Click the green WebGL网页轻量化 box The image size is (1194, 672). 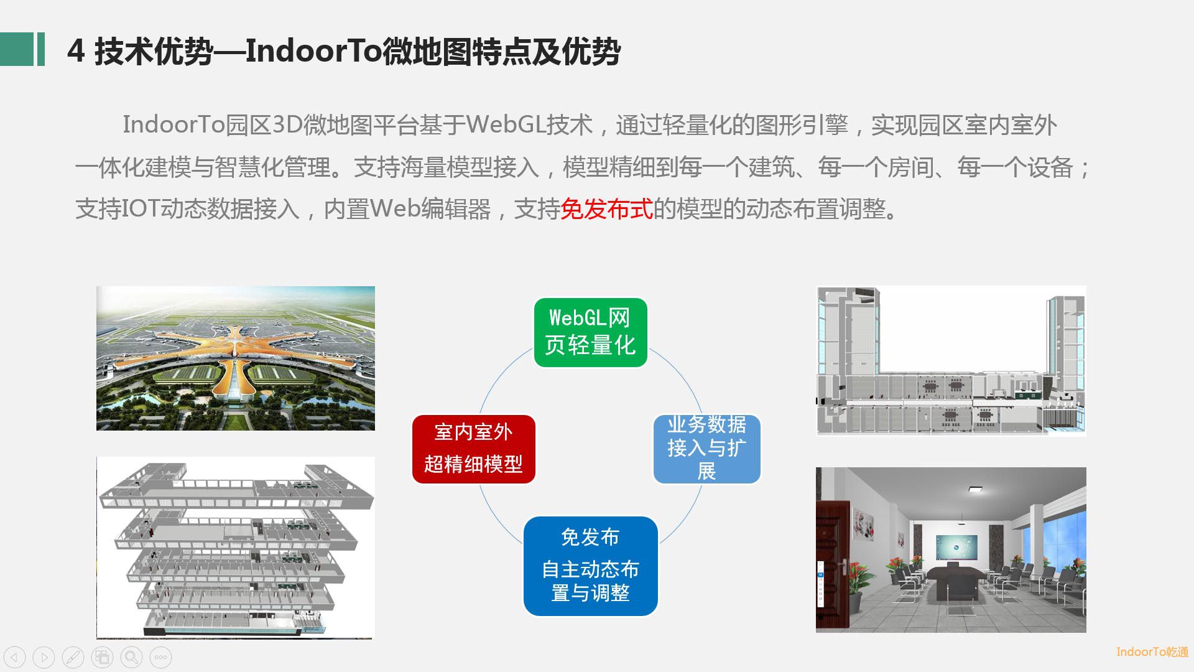(x=590, y=332)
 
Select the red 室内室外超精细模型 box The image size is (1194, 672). (x=473, y=449)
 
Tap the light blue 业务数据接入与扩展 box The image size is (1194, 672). (x=706, y=449)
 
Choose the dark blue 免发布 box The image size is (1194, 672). (x=590, y=566)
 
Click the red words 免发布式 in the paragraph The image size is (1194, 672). (x=606, y=209)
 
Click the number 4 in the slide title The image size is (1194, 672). (x=76, y=51)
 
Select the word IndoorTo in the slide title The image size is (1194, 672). (x=313, y=50)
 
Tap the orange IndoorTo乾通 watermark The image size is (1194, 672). (x=1152, y=651)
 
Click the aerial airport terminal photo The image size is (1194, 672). (x=236, y=358)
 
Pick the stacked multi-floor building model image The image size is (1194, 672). (x=236, y=548)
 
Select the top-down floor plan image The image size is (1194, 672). (x=951, y=361)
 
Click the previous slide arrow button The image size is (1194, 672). (x=15, y=657)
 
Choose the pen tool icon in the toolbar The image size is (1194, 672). (x=73, y=657)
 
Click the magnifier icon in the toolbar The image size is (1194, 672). (x=131, y=657)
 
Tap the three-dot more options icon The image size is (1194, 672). (x=160, y=657)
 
